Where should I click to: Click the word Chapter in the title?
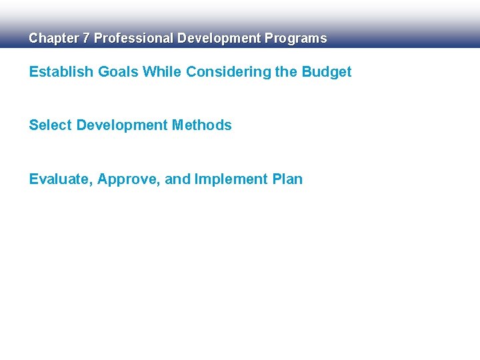point(53,39)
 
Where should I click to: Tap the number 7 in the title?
point(85,39)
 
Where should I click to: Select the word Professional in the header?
point(133,39)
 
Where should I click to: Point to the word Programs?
point(296,39)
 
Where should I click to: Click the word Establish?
point(57,72)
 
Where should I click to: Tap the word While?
point(163,72)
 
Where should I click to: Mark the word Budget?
point(327,72)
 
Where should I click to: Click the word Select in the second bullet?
point(51,125)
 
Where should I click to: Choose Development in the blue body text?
point(122,125)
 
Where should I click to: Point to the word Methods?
point(202,125)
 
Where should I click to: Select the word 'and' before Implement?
point(177,179)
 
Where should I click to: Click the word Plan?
point(287,179)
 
